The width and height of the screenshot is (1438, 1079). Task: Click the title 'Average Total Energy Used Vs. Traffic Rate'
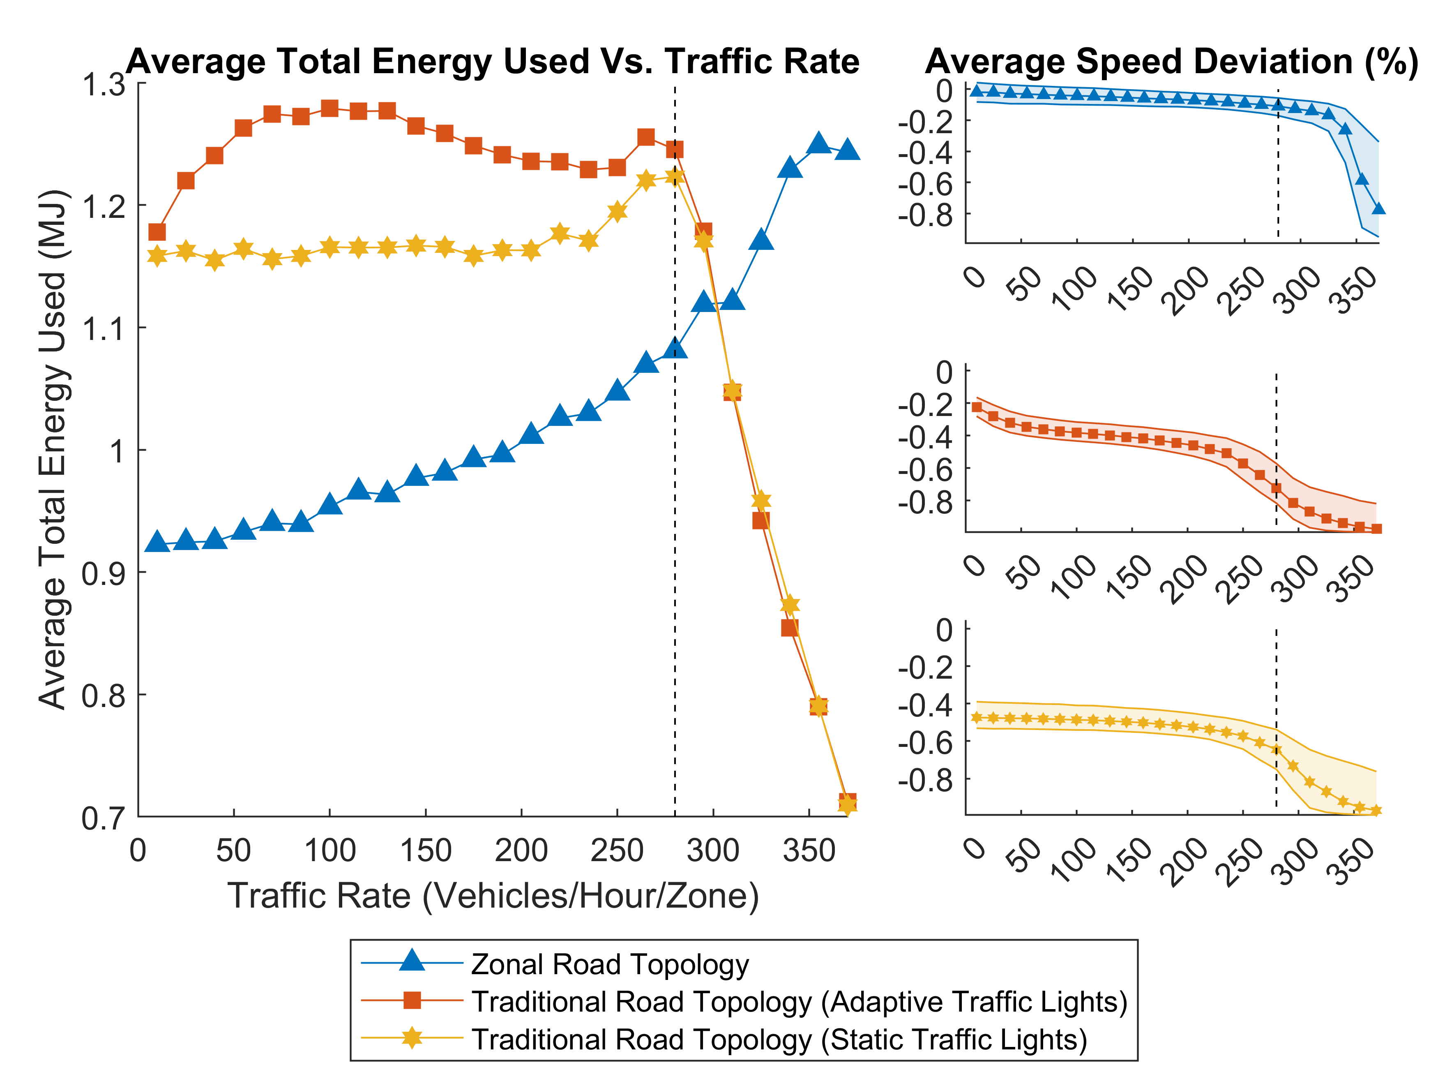pyautogui.click(x=493, y=62)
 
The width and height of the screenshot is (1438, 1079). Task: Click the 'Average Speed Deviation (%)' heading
pyautogui.click(x=1171, y=62)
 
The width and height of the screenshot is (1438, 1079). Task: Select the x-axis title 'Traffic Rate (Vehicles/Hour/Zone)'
pyautogui.click(x=493, y=896)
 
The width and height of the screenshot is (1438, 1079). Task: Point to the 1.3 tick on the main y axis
pyautogui.click(x=104, y=85)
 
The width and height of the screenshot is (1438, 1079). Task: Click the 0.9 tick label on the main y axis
pyautogui.click(x=104, y=573)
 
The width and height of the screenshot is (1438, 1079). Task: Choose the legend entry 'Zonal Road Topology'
pyautogui.click(x=610, y=964)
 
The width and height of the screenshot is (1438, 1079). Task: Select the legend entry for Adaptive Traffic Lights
pyautogui.click(x=799, y=1002)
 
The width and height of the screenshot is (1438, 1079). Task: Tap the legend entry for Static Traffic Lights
pyautogui.click(x=779, y=1039)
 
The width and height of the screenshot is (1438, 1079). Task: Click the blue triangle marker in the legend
pyautogui.click(x=412, y=961)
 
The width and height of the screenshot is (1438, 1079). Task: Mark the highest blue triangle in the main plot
pyautogui.click(x=818, y=143)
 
